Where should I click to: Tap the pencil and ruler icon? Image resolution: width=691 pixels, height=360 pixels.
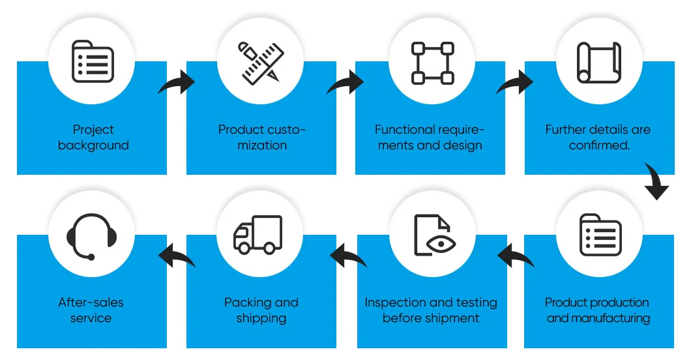(x=261, y=63)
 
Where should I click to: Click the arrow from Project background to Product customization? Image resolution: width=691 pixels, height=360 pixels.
(x=176, y=83)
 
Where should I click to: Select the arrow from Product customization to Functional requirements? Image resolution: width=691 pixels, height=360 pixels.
(x=345, y=83)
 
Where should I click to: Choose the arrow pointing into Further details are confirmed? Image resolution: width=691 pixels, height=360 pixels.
(x=515, y=83)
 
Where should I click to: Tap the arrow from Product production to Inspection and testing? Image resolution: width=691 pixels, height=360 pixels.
(x=516, y=256)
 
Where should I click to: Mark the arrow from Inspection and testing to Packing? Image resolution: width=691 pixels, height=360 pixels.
(x=347, y=256)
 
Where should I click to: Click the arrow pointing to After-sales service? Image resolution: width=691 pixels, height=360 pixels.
(x=177, y=256)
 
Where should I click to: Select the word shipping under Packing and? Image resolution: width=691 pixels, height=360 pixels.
(x=261, y=318)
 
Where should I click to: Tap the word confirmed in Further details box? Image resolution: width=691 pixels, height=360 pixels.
(x=599, y=145)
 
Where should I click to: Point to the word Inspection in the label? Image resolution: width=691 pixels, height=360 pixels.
(x=393, y=303)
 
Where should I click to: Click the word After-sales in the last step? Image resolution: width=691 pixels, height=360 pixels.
(x=91, y=303)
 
